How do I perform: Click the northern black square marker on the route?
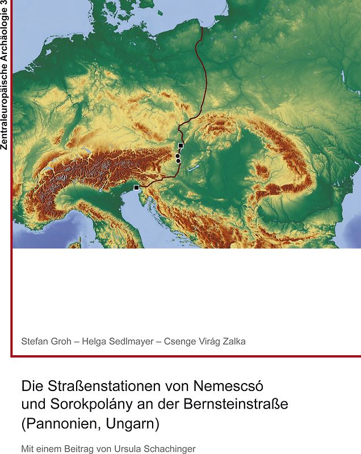point(180,146)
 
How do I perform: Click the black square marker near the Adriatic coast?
point(136,187)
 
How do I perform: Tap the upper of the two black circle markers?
point(178,155)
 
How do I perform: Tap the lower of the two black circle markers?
point(178,161)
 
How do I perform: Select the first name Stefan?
point(35,341)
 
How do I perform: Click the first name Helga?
point(96,341)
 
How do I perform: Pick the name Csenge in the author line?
point(179,341)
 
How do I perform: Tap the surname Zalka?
point(233,341)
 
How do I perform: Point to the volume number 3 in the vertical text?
point(5,5)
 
